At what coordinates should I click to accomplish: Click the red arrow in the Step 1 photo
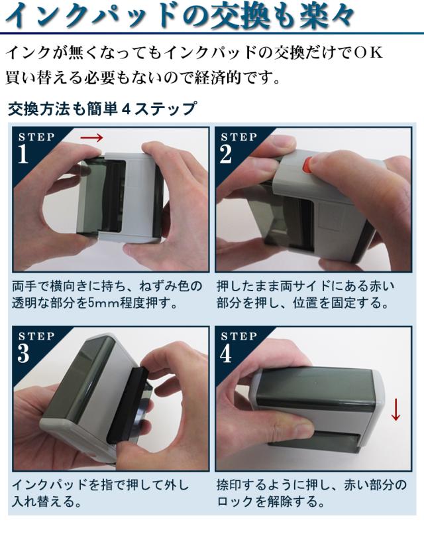[x=91, y=138]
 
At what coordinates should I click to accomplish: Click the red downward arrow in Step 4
[x=396, y=409]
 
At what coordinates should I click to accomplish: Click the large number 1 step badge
[x=23, y=154]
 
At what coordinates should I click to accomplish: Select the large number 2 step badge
[x=226, y=154]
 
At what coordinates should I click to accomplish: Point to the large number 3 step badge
[x=23, y=353]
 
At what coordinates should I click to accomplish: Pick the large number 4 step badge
[x=226, y=353]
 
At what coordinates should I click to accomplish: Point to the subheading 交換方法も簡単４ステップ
[x=103, y=109]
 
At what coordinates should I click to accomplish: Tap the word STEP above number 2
[x=238, y=137]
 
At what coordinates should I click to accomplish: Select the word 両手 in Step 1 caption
[x=24, y=286]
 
